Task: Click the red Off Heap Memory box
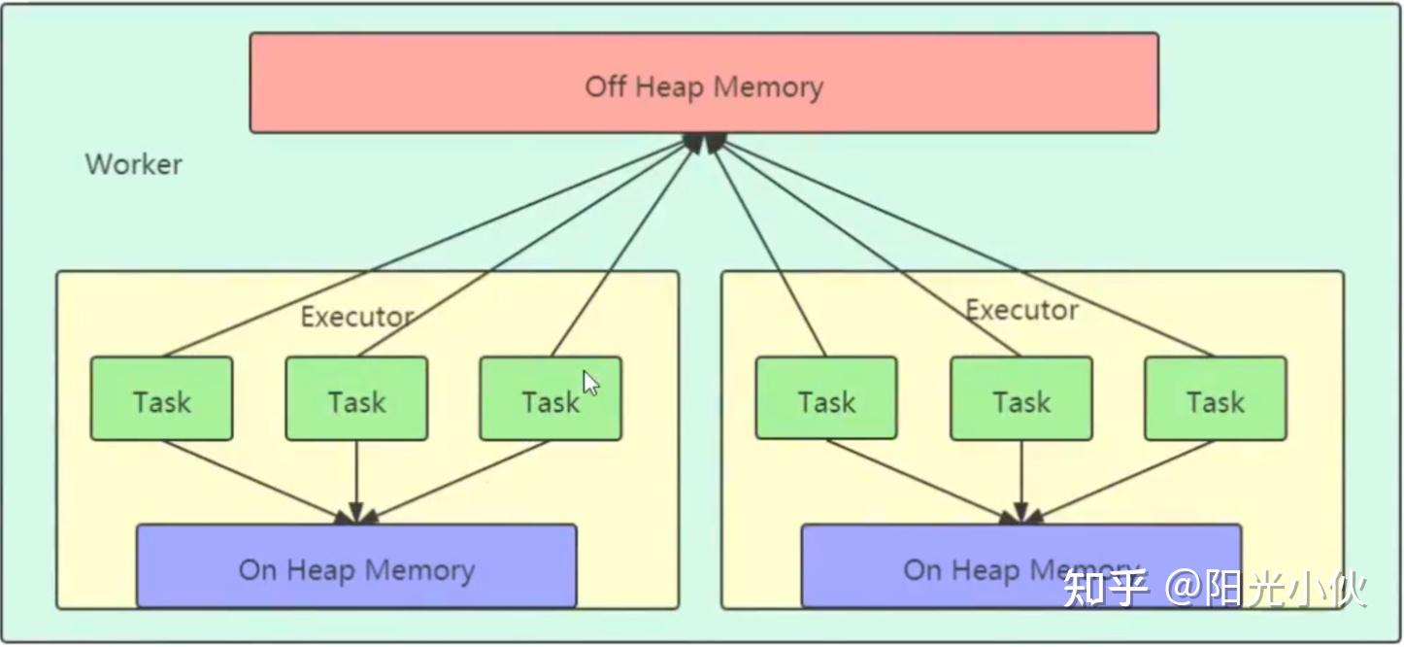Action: coord(704,83)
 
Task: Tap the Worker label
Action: coord(133,164)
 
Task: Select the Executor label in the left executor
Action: coord(357,317)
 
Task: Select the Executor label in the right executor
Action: coord(1021,310)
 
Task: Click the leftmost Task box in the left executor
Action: coord(162,398)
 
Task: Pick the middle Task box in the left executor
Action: coord(356,398)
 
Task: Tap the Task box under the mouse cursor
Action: coord(551,398)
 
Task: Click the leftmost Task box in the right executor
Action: coord(826,398)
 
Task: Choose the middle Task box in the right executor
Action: coord(1021,398)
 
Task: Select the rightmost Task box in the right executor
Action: coord(1216,398)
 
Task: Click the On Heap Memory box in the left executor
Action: coord(356,566)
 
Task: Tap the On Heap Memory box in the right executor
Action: coord(1021,566)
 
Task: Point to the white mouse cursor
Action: coord(589,383)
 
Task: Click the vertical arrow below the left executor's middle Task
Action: coord(356,482)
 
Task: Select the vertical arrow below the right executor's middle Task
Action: coord(1021,482)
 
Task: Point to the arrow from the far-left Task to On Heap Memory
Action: coord(257,482)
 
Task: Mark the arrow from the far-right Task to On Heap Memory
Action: coord(1120,482)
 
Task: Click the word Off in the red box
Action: coord(605,86)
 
